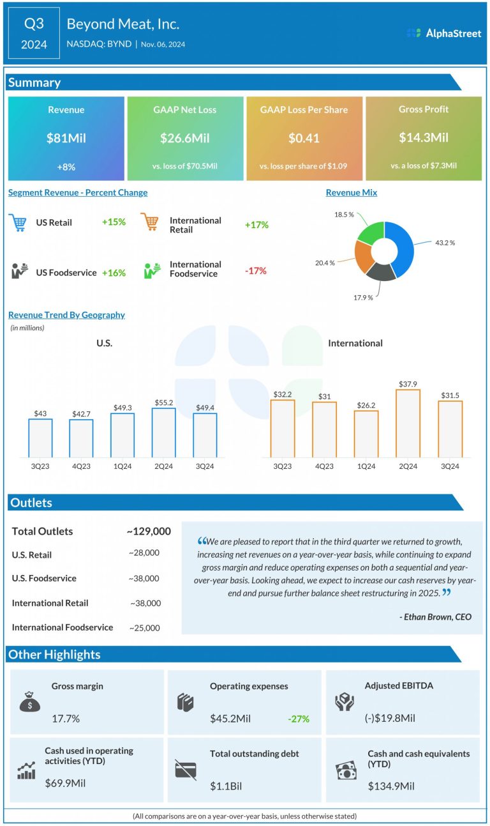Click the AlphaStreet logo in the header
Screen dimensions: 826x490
(x=444, y=33)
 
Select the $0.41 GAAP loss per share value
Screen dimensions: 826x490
(x=304, y=137)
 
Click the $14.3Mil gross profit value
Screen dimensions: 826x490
(x=424, y=137)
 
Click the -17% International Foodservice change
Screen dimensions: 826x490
(x=255, y=271)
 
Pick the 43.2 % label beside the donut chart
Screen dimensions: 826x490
(x=445, y=243)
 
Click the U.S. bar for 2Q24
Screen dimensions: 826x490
(x=164, y=432)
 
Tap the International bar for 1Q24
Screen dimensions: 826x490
(x=366, y=434)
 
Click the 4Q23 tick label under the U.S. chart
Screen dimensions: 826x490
(x=81, y=466)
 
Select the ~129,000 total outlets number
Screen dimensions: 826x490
(x=149, y=532)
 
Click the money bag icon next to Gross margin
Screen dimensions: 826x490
(x=29, y=702)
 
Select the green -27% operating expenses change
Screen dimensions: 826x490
(x=298, y=719)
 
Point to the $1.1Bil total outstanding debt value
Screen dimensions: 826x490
(x=226, y=785)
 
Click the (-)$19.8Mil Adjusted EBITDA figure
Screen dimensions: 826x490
(x=390, y=718)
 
